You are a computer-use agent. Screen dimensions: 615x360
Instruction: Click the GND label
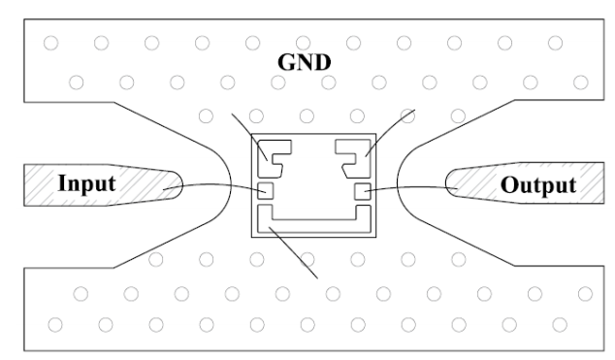point(305,62)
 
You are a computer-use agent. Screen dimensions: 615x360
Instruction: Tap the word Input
point(86,183)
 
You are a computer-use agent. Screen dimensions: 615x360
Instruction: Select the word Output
point(538,185)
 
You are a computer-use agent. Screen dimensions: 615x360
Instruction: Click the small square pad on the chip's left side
point(265,191)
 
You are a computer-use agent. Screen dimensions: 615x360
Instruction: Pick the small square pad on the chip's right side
point(363,191)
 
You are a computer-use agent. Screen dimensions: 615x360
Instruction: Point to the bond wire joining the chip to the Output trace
point(412,187)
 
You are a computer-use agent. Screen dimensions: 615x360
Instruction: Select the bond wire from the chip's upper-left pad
point(249,137)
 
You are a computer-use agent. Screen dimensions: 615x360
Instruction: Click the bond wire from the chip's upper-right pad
point(389,132)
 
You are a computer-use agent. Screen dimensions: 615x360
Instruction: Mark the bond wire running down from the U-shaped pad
point(293,252)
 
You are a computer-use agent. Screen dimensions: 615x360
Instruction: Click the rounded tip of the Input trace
point(182,184)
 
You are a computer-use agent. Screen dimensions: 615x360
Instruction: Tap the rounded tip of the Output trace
point(446,183)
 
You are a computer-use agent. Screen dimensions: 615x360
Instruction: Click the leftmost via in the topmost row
point(51,43)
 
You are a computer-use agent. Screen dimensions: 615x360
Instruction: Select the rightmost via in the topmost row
point(556,43)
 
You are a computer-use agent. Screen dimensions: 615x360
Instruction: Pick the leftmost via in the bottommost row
point(55,325)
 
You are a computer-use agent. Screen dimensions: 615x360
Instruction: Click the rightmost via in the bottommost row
point(560,325)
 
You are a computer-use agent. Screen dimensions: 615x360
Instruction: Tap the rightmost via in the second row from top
point(581,82)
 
